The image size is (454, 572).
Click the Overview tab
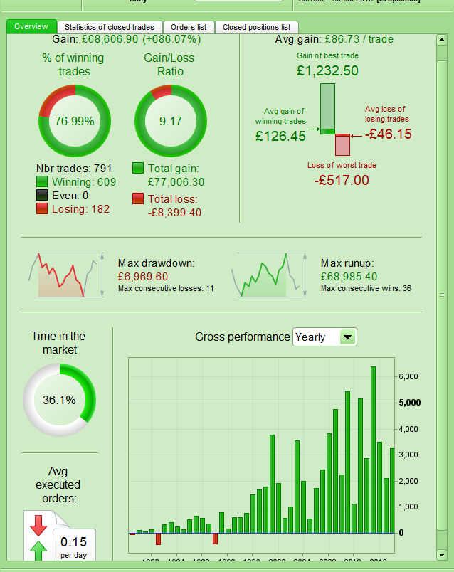(31, 27)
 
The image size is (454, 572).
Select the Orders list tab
(188, 27)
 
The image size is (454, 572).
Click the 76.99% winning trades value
(75, 121)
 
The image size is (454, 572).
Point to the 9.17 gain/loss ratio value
(171, 121)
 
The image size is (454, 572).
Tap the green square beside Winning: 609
(43, 182)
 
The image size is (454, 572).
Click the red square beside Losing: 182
(43, 208)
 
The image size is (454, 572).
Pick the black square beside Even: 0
(43, 196)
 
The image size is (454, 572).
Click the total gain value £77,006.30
(176, 182)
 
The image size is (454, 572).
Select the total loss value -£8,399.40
(174, 212)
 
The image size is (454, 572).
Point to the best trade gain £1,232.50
(327, 70)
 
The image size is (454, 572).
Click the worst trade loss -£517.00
(342, 180)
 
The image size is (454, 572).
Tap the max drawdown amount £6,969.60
(143, 276)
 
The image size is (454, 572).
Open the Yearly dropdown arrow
(347, 337)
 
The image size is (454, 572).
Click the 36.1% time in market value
(59, 400)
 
